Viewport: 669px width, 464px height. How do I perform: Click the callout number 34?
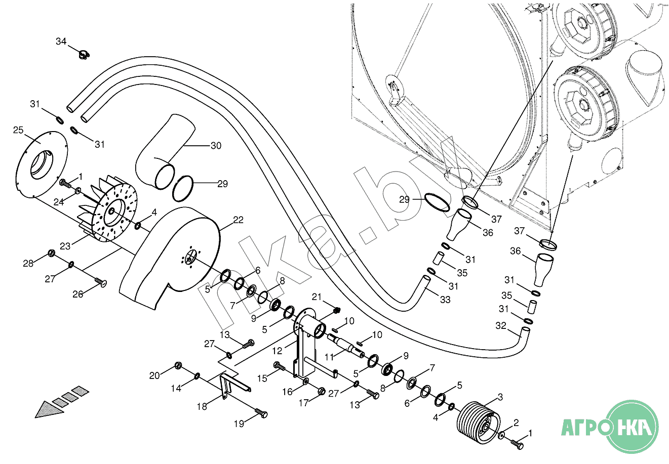(x=61, y=41)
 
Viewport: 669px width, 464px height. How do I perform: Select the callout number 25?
(x=18, y=130)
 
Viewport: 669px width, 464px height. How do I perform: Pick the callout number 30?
(x=216, y=146)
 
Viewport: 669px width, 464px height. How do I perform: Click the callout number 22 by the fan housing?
(x=238, y=220)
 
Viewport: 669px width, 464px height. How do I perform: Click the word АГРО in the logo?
(x=585, y=428)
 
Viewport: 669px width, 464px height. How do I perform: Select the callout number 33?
(x=445, y=300)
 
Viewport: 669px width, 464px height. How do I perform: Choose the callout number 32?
(x=501, y=325)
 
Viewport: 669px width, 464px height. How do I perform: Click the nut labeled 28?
(x=52, y=254)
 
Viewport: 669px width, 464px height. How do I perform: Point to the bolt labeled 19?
(x=261, y=413)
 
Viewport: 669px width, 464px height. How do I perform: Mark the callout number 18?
(x=202, y=407)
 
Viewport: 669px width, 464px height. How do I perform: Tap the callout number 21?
(x=317, y=297)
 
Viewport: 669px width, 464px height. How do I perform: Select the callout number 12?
(x=277, y=351)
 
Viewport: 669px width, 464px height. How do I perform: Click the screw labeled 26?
(x=101, y=282)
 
